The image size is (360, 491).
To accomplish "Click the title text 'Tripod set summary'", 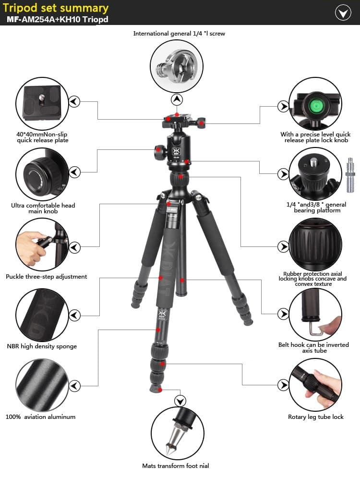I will [56, 8].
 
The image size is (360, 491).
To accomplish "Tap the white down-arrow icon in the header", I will [343, 12].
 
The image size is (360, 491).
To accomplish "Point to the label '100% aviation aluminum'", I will [41, 417].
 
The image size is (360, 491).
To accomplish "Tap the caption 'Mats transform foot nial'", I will [176, 466].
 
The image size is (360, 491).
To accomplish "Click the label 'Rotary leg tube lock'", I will [316, 417].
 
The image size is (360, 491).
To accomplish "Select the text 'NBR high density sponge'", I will [42, 346].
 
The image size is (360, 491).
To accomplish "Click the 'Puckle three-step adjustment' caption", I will [47, 277].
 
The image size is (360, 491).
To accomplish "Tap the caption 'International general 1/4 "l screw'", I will [179, 34].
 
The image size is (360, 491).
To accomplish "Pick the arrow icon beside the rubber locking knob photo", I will [283, 246].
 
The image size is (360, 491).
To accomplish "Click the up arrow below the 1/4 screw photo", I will [178, 99].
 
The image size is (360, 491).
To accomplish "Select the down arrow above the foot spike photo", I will [180, 401].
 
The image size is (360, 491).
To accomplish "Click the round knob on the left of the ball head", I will [159, 153].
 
